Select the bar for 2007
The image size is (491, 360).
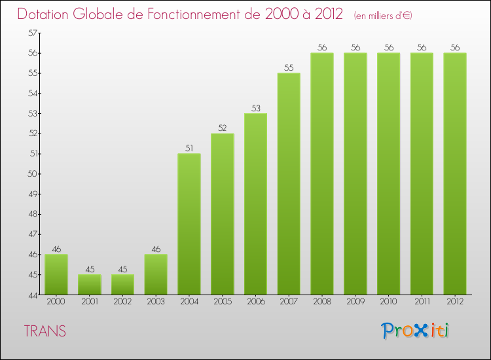click(289, 183)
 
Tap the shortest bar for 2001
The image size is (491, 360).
click(89, 285)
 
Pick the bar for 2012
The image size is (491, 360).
click(455, 173)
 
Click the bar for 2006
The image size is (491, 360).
click(255, 204)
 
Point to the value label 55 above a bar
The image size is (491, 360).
click(289, 67)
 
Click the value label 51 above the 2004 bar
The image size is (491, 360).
click(189, 149)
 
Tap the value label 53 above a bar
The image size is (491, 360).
click(255, 108)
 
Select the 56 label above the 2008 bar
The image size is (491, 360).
click(322, 47)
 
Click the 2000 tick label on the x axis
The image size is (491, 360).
click(56, 302)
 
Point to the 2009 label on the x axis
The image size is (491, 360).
click(355, 302)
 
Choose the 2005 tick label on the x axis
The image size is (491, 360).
click(222, 302)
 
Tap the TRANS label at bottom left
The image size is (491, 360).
click(45, 331)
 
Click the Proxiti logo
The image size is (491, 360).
click(414, 331)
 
